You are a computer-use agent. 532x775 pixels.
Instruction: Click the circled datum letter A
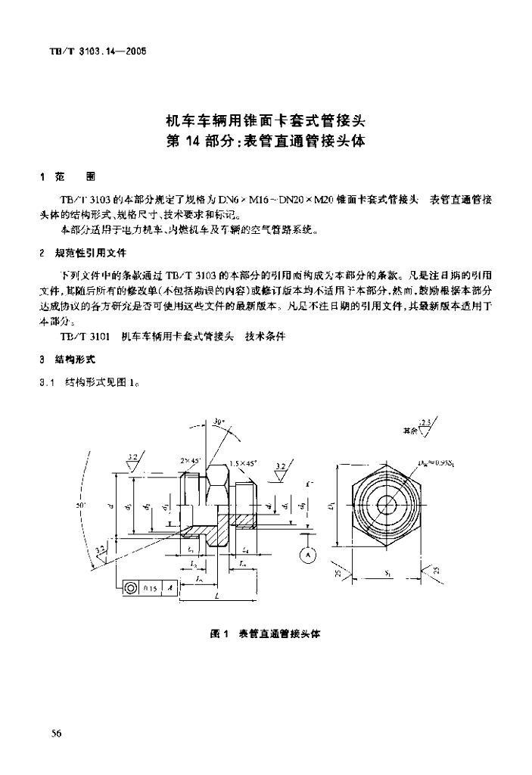308,555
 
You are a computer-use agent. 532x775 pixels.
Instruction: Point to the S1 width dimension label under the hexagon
387,573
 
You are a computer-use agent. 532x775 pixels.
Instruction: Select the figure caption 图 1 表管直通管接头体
265,633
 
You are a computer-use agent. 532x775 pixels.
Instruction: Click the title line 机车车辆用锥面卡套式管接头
265,120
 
